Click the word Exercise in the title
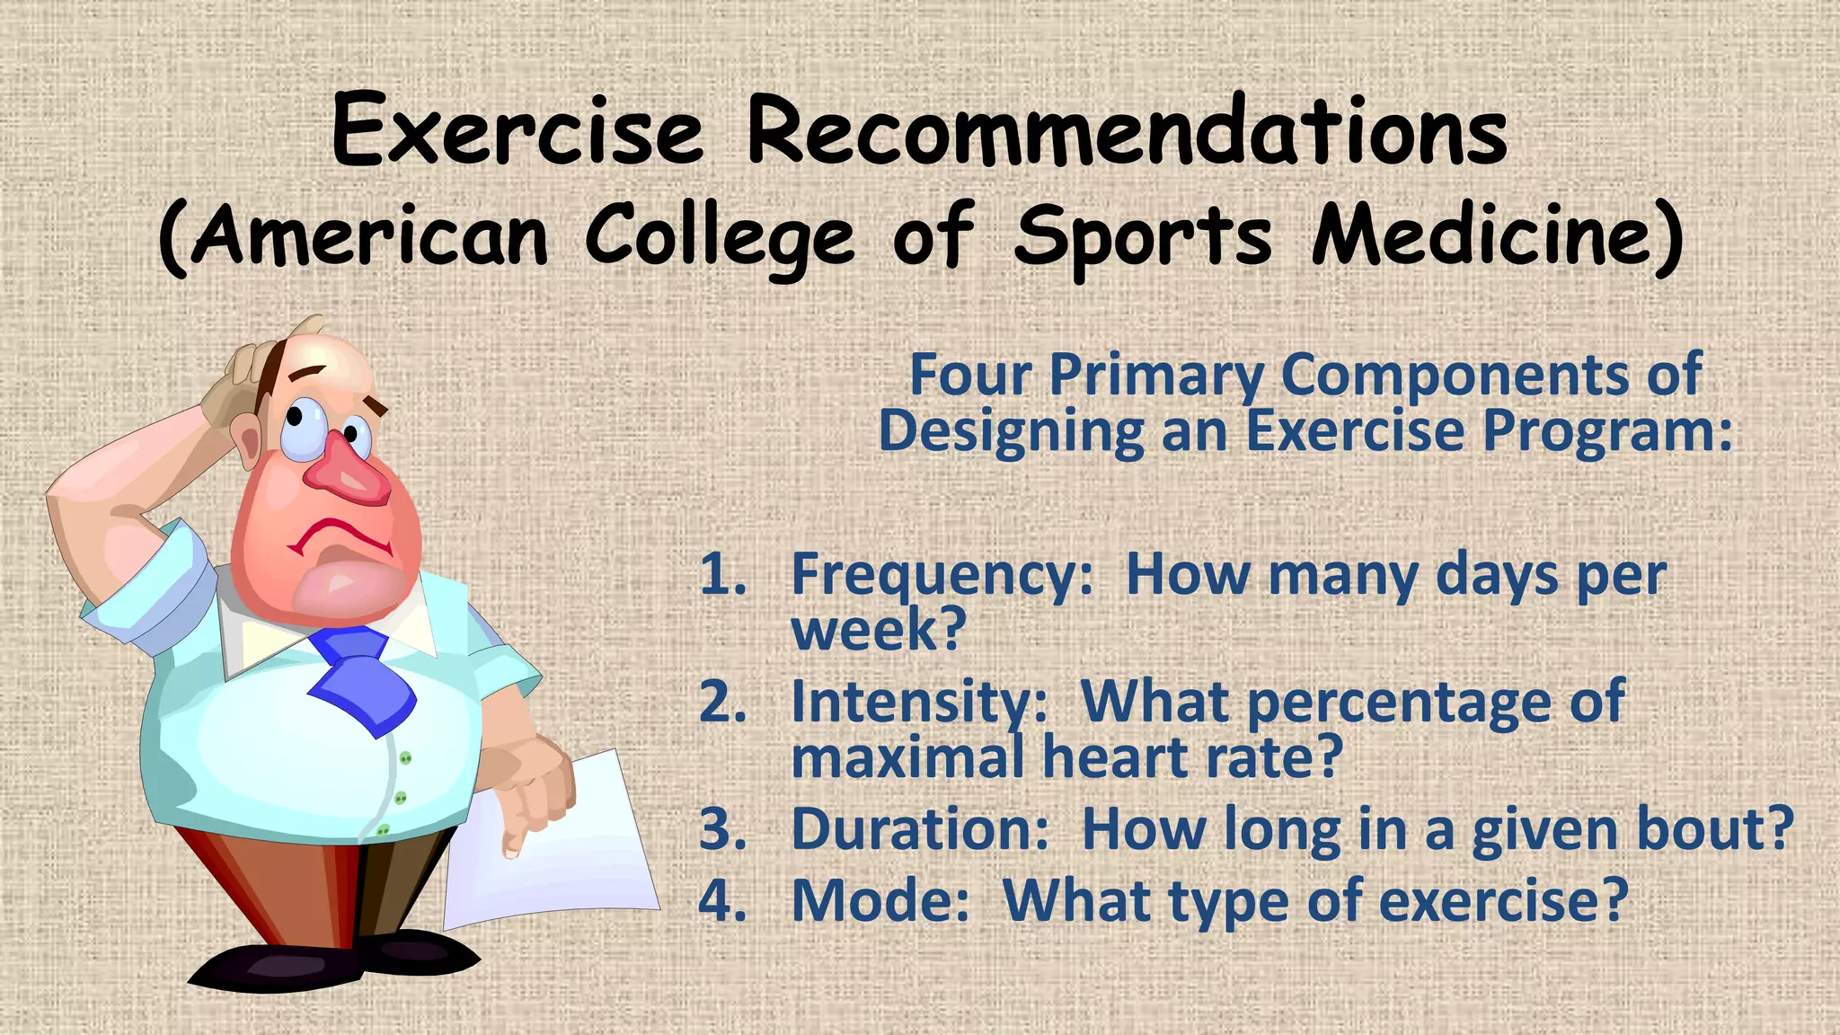[x=517, y=133]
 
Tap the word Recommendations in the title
[x=1127, y=133]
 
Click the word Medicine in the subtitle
[x=1487, y=235]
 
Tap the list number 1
[x=721, y=575]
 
